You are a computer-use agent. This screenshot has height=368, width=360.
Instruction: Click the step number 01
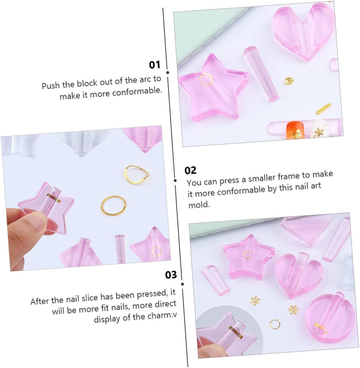click(x=155, y=65)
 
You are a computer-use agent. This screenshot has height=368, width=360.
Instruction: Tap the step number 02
click(x=190, y=170)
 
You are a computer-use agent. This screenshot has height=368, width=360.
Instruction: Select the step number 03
click(x=171, y=275)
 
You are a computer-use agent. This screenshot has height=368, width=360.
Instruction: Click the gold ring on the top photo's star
click(x=206, y=79)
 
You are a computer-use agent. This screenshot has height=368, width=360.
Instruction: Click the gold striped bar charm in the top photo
click(x=324, y=108)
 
